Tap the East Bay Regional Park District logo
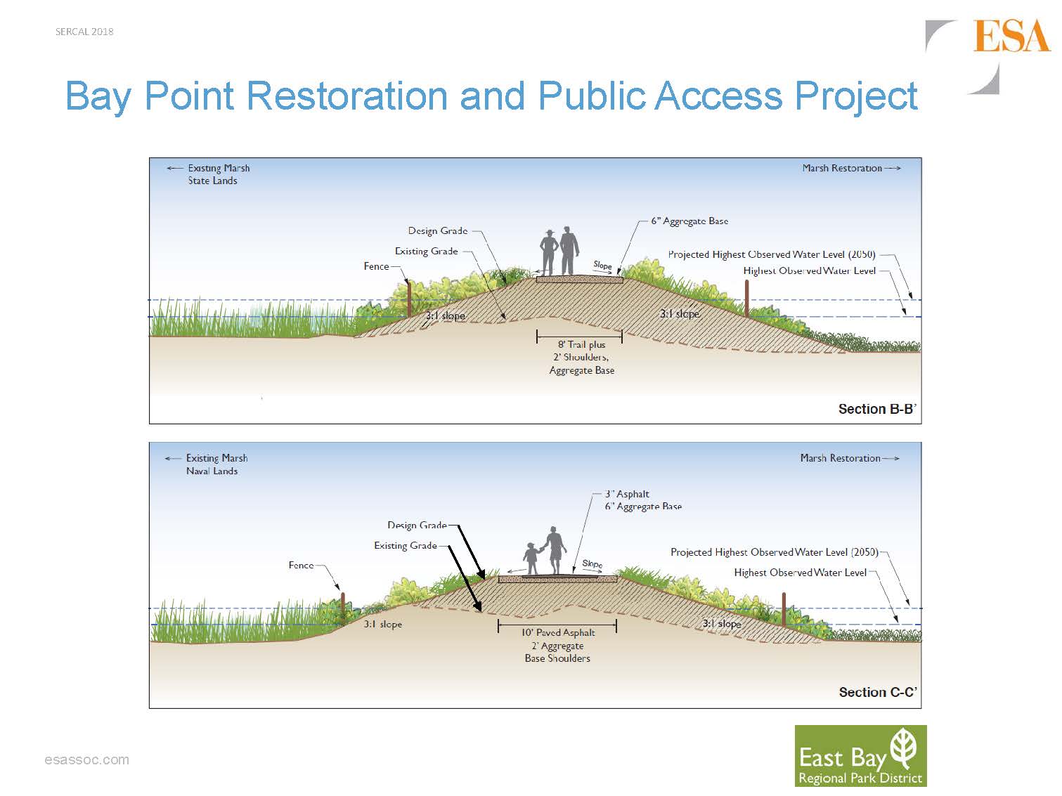[860, 756]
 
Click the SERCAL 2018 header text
[84, 32]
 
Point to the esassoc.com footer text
[86, 760]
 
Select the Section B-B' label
[876, 409]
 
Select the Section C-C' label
[877, 692]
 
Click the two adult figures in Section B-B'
[559, 252]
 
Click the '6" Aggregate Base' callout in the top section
[689, 221]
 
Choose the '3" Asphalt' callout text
[627, 494]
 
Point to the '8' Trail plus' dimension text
[581, 344]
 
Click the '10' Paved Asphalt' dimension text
[558, 632]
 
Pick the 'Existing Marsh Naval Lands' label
[216, 464]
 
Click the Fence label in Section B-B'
[376, 266]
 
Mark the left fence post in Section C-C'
[343, 606]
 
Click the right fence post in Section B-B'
[747, 298]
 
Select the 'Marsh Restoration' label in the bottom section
[840, 458]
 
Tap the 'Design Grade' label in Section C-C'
[416, 525]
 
